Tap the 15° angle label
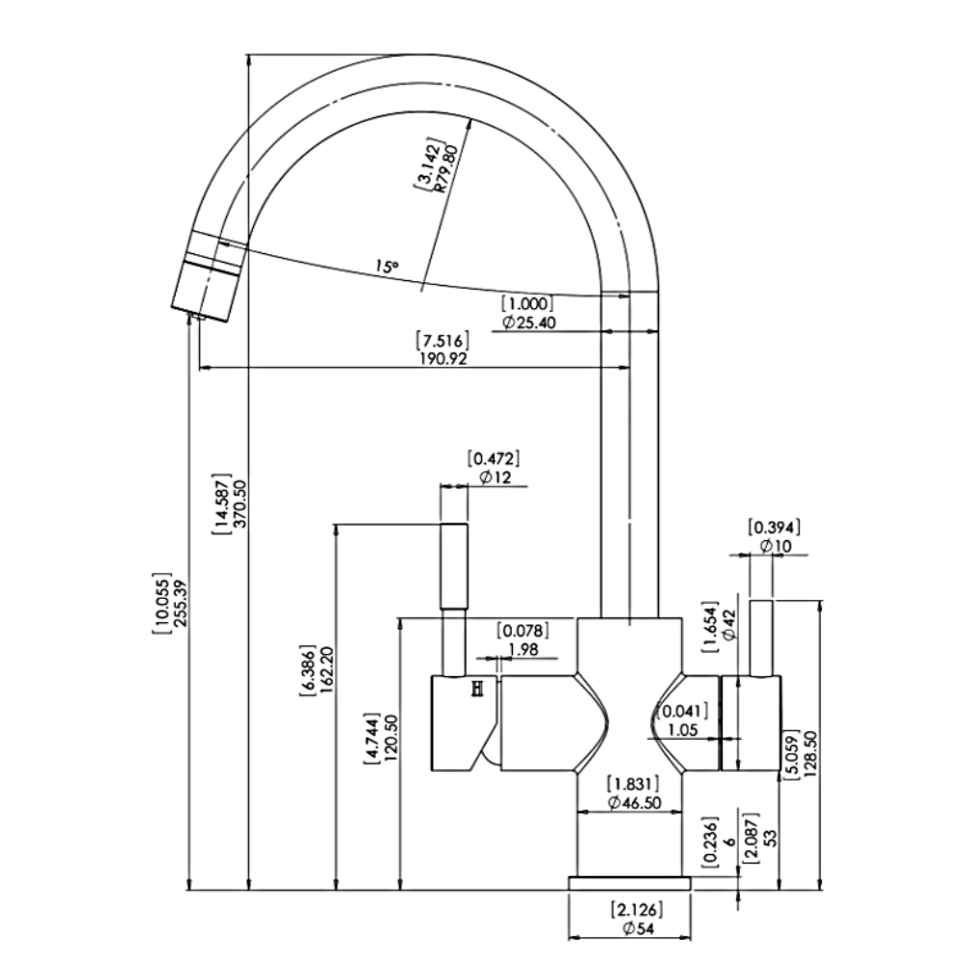(387, 267)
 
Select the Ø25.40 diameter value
(529, 323)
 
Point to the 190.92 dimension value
(443, 358)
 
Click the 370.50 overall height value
(241, 503)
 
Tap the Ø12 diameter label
(496, 477)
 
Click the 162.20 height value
(327, 671)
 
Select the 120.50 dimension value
(391, 738)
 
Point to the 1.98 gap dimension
(524, 649)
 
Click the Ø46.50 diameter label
(634, 803)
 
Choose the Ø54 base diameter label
(638, 929)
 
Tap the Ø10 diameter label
(776, 546)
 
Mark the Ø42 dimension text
(729, 625)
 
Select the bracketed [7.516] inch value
(443, 340)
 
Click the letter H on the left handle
(477, 690)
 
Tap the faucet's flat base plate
(630, 884)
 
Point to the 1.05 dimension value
(683, 730)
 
